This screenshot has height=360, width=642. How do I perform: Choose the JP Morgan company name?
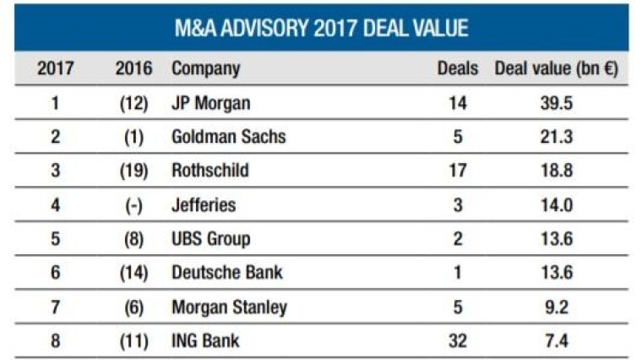point(211,103)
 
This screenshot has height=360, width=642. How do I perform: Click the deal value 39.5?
point(556,103)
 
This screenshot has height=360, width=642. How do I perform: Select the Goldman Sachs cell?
point(228,137)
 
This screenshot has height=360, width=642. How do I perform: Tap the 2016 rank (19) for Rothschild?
point(133,171)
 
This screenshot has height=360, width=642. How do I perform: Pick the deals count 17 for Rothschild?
point(458,171)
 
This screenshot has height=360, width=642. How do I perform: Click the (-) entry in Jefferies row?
point(133,205)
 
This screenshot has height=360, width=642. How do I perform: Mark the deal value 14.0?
point(556,205)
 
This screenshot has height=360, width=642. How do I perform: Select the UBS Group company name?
point(211,239)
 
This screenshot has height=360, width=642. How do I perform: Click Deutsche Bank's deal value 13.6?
point(556,273)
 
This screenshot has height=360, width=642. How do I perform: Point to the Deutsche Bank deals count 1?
point(458,273)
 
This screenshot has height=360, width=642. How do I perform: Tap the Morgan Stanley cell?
point(229,307)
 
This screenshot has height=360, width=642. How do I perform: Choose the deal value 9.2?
point(556,307)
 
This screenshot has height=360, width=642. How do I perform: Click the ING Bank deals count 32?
point(458,341)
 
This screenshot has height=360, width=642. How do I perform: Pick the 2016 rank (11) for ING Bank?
point(133,341)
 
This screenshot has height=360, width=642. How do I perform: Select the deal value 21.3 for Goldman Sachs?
point(556,137)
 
